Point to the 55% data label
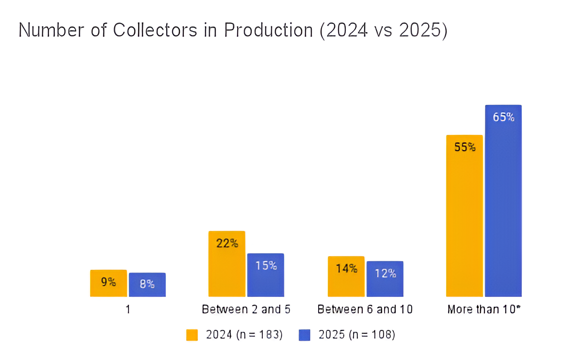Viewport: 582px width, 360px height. pyautogui.click(x=465, y=147)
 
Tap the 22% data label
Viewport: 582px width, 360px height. pyautogui.click(x=227, y=244)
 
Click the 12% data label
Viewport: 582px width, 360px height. pyautogui.click(x=385, y=273)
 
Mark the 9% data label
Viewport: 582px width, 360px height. pyautogui.click(x=108, y=281)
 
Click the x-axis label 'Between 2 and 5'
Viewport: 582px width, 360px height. pyautogui.click(x=246, y=309)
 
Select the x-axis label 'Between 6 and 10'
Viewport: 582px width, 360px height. pyautogui.click(x=365, y=309)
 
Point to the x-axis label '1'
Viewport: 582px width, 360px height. pyautogui.click(x=128, y=309)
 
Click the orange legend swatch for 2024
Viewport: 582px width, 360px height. pyautogui.click(x=192, y=335)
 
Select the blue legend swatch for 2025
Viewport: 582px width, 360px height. pyautogui.click(x=305, y=335)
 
